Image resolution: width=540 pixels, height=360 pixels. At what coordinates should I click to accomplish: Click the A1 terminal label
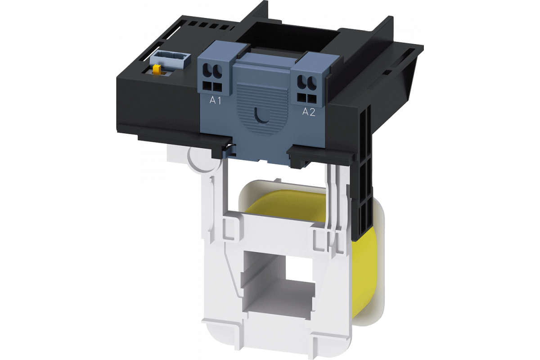coord(215,100)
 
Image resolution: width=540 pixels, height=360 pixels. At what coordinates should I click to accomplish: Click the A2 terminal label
coord(309,112)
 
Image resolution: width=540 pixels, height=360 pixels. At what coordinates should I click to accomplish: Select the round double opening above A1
coord(212,71)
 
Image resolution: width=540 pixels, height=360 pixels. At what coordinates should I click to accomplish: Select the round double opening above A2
coord(307,82)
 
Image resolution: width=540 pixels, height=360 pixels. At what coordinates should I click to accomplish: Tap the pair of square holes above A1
coord(212,86)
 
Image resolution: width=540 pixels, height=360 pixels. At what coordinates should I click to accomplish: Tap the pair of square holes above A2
coord(306,98)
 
